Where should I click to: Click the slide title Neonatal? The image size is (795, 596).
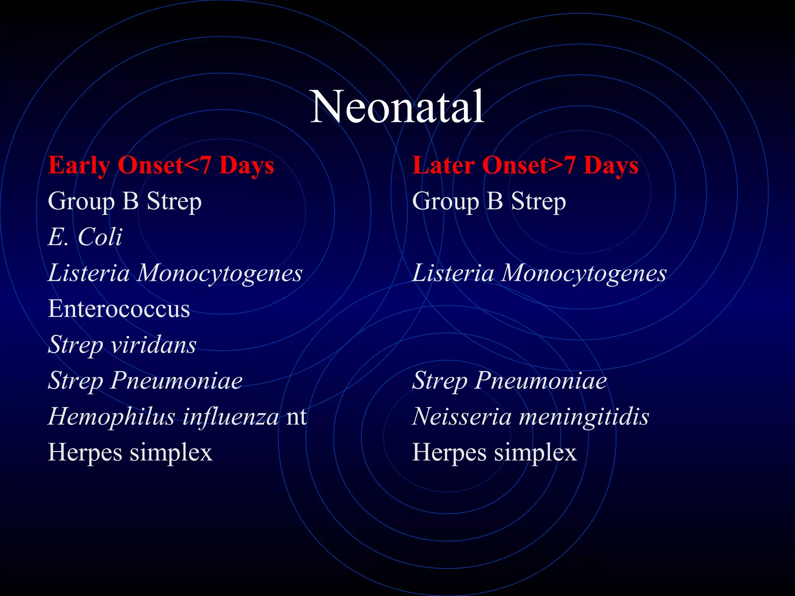point(397,107)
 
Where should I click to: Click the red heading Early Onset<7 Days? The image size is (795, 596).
point(161,165)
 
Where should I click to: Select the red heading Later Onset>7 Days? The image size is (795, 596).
point(525,165)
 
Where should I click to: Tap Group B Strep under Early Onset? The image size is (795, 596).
point(125,201)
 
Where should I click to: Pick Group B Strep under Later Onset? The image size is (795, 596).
point(489,201)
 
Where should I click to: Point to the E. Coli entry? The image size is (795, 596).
point(85,237)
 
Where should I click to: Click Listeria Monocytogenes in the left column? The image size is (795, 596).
point(175,273)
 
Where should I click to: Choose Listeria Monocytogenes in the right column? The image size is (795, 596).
point(539,273)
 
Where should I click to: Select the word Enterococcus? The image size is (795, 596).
point(119,309)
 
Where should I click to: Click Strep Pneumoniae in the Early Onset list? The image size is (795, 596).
point(145,380)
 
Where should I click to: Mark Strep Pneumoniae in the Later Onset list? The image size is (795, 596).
point(509,380)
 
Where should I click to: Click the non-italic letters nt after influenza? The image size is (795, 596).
point(297,417)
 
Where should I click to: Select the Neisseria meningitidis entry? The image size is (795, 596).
point(530,416)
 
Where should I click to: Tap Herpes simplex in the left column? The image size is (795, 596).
point(130,452)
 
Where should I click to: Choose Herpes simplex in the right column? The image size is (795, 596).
point(494,452)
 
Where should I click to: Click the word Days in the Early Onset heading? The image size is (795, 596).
point(246,165)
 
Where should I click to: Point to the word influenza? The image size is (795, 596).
point(231,416)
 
